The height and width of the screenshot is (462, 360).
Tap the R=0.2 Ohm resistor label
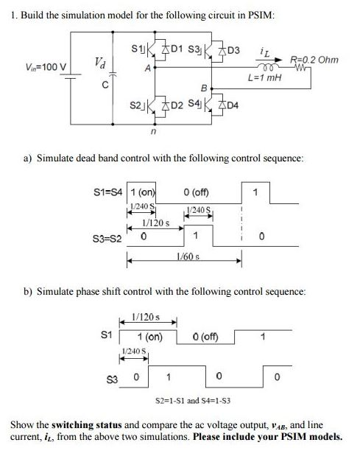click(314, 59)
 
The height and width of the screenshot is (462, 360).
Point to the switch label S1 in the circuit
click(135, 50)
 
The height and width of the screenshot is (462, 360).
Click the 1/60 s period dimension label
click(186, 254)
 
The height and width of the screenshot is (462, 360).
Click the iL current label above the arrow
click(266, 52)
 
